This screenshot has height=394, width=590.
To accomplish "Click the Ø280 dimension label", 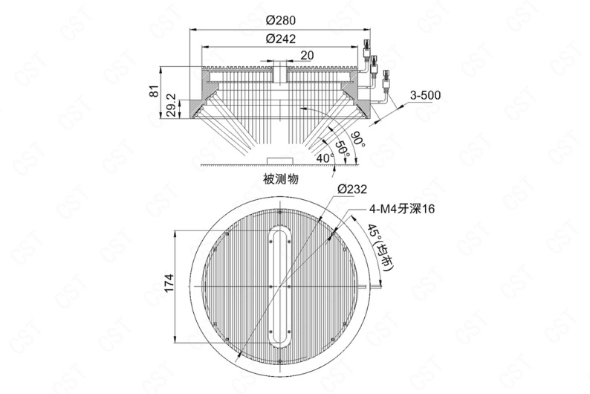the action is point(280,20).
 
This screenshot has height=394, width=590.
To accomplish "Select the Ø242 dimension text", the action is point(280,39).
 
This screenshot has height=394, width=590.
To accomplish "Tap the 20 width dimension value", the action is point(307,55).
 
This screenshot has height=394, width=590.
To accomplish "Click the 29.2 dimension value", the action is point(171,105).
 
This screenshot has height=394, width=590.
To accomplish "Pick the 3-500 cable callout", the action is point(425,95).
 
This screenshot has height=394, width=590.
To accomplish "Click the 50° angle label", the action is point(342,149).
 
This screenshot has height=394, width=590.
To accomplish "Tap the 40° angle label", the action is point(325,158).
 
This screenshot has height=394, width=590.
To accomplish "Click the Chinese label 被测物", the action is point(281,178).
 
